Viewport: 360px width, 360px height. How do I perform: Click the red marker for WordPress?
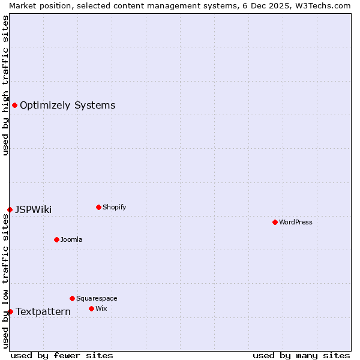[275, 222]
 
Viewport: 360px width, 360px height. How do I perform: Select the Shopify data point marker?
[98, 207]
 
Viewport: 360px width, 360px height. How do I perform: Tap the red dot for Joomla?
[56, 239]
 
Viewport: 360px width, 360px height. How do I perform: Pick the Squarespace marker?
[72, 298]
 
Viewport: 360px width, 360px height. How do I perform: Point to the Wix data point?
[91, 308]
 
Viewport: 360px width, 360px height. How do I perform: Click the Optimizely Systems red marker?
[14, 106]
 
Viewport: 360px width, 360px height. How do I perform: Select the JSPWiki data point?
[10, 209]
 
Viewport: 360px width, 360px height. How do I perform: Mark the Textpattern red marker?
[10, 311]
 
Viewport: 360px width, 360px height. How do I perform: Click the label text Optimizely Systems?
[67, 106]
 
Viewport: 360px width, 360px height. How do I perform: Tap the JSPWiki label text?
[33, 209]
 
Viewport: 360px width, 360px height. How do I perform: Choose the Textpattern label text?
[43, 311]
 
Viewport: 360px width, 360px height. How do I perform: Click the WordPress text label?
[296, 222]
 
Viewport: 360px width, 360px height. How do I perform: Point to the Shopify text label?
[115, 207]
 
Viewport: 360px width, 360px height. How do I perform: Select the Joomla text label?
[71, 239]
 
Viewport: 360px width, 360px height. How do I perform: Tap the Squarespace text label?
[97, 298]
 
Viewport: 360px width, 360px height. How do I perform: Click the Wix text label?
[101, 308]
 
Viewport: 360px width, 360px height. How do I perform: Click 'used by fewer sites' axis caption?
[62, 355]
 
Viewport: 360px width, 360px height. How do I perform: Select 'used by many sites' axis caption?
[301, 355]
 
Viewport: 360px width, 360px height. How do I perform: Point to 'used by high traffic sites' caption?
[5, 85]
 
